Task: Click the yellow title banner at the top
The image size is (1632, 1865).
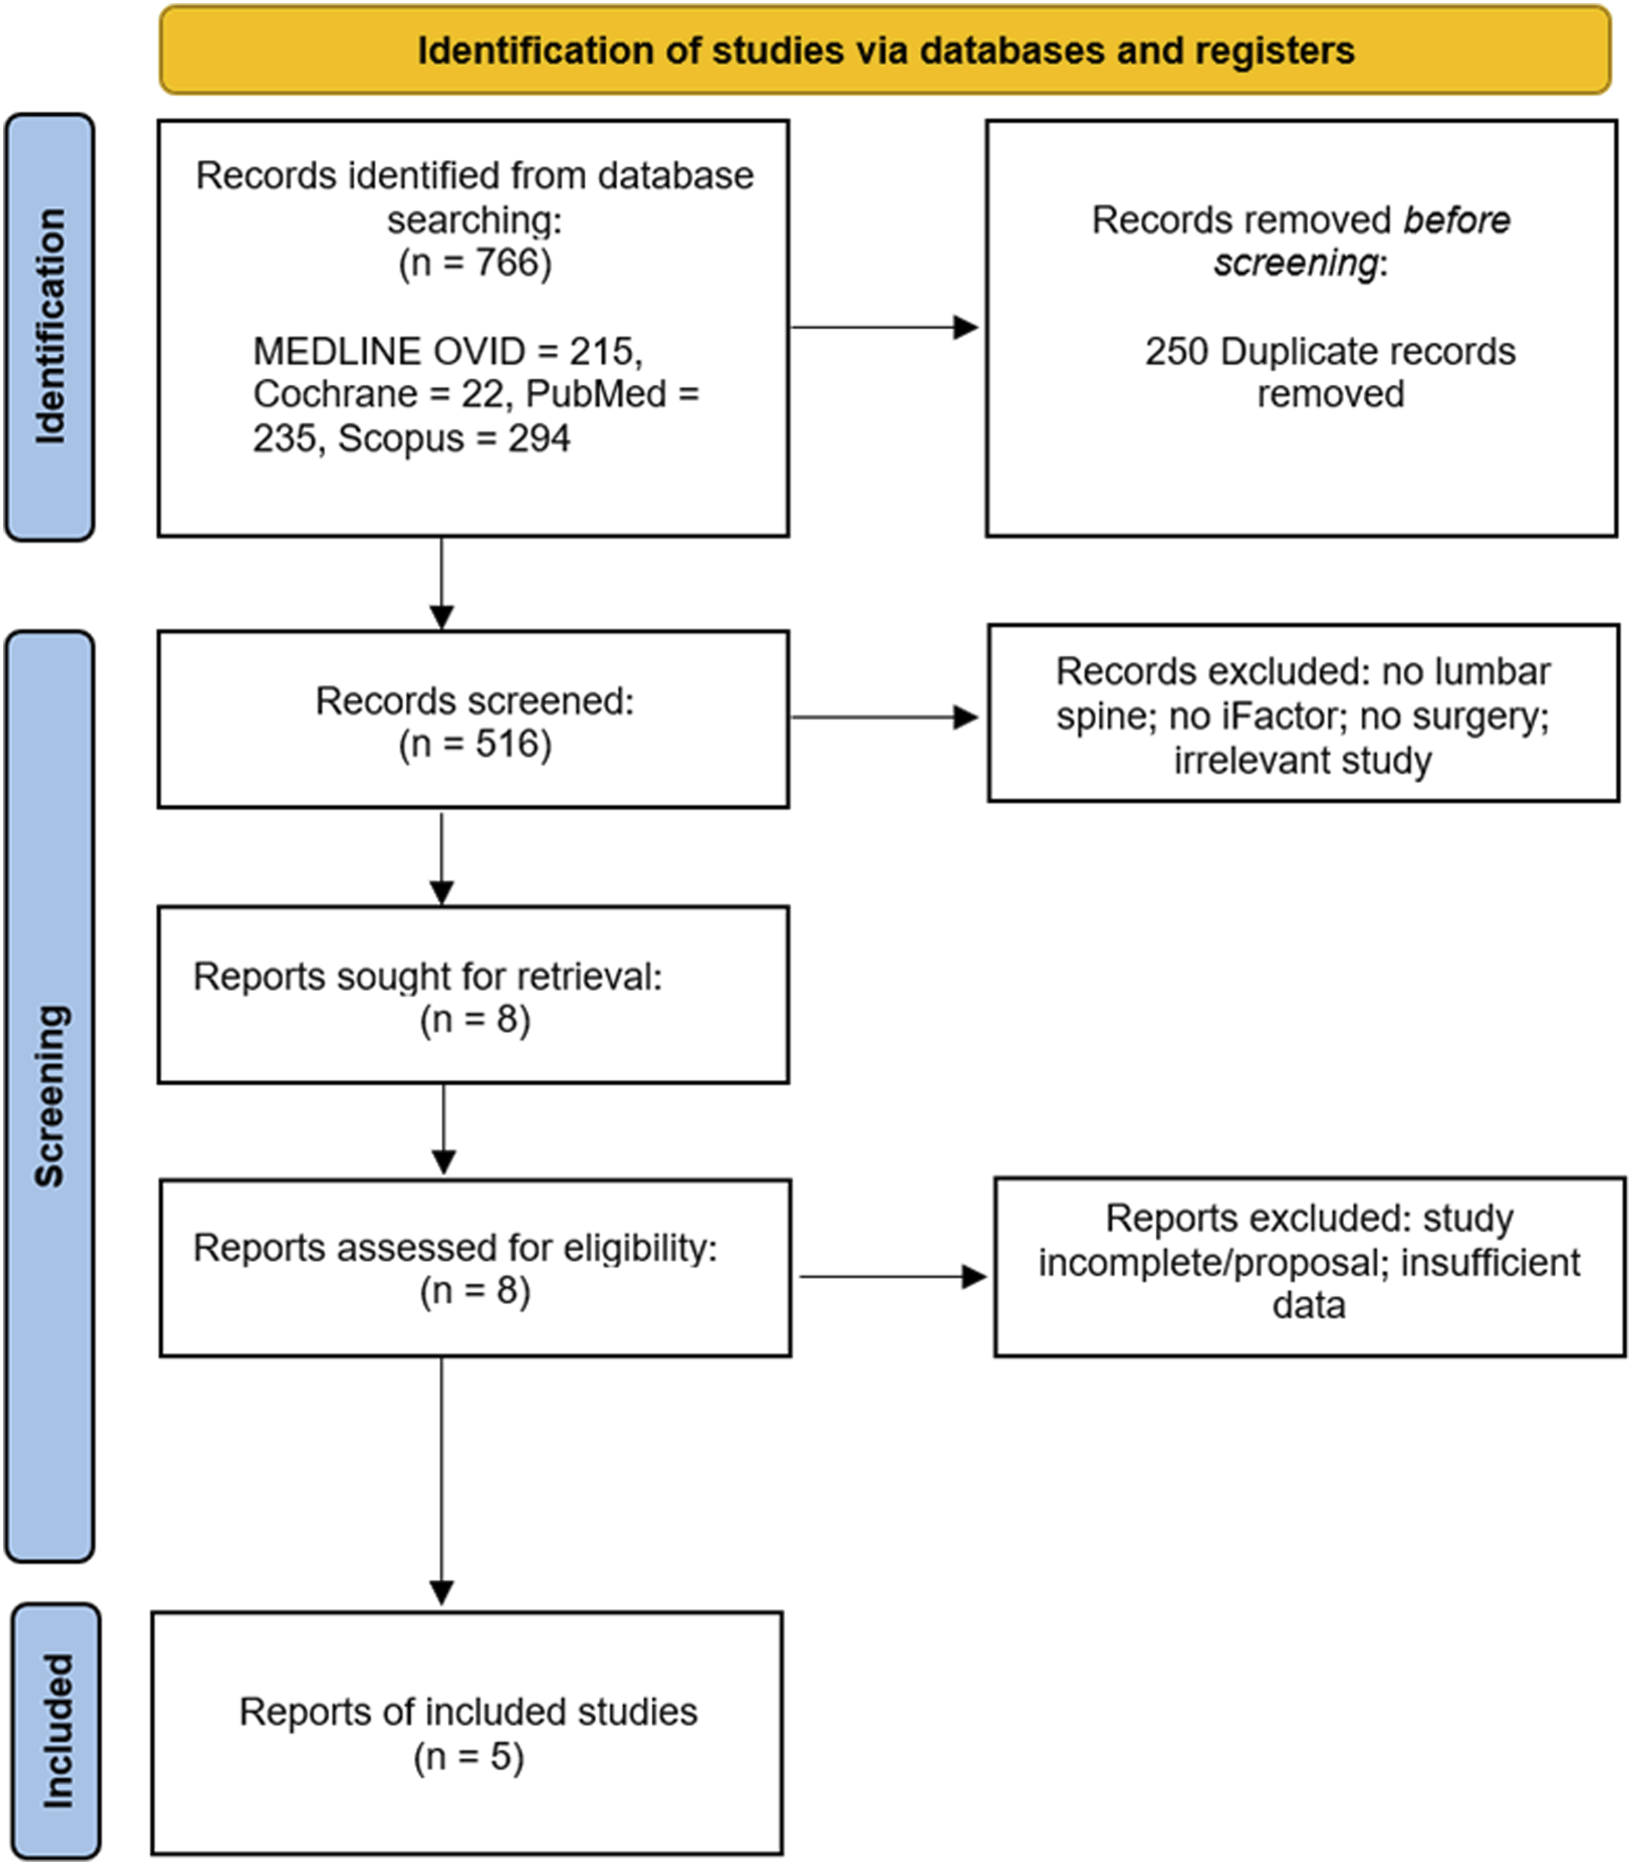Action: [x=885, y=50]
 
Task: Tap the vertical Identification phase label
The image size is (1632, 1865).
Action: [x=50, y=327]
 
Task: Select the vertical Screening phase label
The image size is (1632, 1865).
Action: [x=50, y=1096]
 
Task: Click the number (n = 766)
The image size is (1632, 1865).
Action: [x=475, y=263]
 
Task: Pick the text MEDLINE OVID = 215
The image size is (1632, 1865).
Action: [x=446, y=351]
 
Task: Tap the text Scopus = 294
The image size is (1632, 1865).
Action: [x=454, y=438]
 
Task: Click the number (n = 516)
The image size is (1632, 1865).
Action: [x=475, y=744]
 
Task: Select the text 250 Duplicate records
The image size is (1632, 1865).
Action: [x=1329, y=351]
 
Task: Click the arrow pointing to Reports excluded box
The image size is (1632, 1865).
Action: [x=893, y=1277]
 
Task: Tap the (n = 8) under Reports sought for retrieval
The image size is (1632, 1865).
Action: [x=475, y=1019]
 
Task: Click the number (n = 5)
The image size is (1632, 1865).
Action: [x=469, y=1756]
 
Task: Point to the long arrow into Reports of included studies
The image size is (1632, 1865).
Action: [x=442, y=1481]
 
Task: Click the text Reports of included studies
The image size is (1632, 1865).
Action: [x=468, y=1712]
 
